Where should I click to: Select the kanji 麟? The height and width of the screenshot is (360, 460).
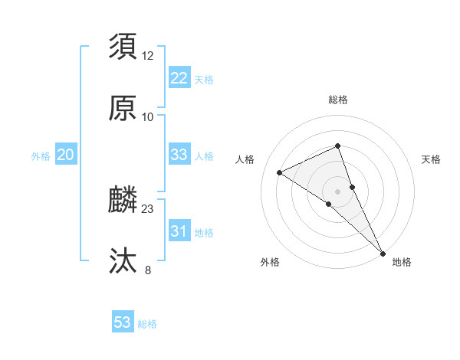(x=123, y=201)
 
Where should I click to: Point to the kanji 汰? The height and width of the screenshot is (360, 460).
(x=123, y=260)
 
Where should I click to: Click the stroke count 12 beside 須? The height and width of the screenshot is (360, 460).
(x=148, y=56)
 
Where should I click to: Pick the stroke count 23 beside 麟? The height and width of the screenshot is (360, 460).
(x=148, y=209)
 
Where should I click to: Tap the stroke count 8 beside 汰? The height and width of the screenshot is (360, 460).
(x=148, y=270)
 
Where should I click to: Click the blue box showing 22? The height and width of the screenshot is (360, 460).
(x=179, y=77)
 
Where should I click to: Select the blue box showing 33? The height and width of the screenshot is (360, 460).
(x=179, y=155)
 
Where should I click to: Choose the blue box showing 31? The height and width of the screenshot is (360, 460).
(x=179, y=231)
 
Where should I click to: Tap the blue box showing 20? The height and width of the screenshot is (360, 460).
(x=65, y=155)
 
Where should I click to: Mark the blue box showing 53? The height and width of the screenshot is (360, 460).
(x=123, y=322)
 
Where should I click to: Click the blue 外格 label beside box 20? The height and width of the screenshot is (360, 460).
(x=41, y=156)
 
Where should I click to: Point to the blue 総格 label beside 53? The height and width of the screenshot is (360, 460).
(x=147, y=324)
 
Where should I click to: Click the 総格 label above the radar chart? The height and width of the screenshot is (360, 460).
(x=337, y=100)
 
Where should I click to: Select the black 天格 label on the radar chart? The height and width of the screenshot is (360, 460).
(x=431, y=159)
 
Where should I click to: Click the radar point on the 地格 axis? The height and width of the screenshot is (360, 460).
(x=383, y=252)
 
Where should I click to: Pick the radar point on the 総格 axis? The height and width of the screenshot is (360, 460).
(x=337, y=146)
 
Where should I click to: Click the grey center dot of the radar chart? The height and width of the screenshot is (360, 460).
(x=337, y=190)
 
